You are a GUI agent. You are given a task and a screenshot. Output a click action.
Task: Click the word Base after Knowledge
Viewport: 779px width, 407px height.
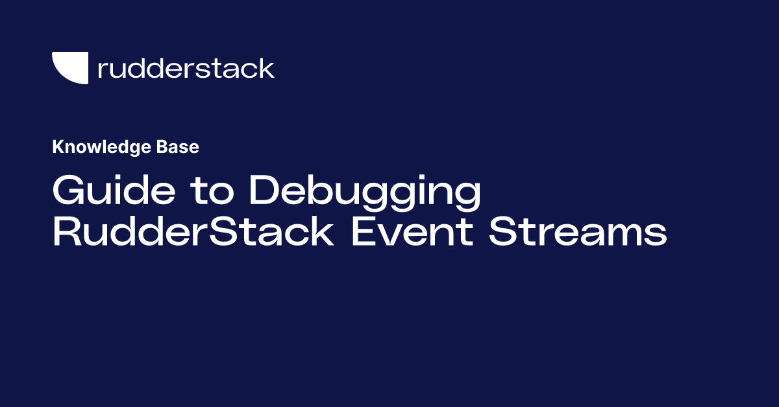(178, 147)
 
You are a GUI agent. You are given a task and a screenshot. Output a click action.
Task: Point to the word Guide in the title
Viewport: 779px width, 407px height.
(114, 190)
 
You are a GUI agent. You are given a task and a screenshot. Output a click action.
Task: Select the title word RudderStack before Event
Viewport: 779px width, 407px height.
(193, 231)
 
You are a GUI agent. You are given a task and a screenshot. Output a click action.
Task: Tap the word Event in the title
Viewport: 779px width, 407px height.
(412, 231)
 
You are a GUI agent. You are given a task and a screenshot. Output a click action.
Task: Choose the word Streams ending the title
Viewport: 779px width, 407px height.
(578, 231)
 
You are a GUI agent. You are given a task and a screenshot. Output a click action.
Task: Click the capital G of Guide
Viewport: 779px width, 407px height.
(69, 190)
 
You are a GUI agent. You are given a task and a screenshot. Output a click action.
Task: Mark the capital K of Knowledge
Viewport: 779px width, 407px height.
(58, 147)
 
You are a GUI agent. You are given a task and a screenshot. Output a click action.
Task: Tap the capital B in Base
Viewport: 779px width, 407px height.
(162, 147)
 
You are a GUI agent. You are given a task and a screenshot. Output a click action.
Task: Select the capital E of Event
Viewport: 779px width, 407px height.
(364, 231)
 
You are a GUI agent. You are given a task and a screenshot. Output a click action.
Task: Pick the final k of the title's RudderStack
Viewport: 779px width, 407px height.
(322, 231)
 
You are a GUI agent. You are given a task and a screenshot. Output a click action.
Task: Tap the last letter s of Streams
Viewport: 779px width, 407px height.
(656, 235)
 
